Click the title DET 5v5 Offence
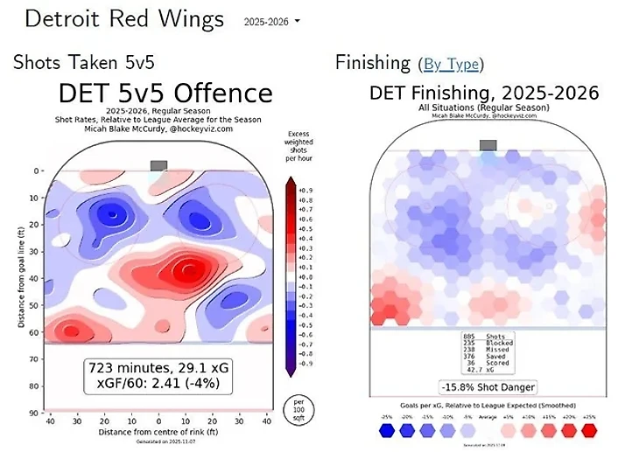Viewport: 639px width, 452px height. (165, 94)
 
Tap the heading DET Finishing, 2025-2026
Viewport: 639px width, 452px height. (484, 93)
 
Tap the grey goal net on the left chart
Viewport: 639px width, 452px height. (158, 164)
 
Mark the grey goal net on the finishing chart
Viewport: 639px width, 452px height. (488, 145)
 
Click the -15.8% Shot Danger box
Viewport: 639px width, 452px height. (488, 386)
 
